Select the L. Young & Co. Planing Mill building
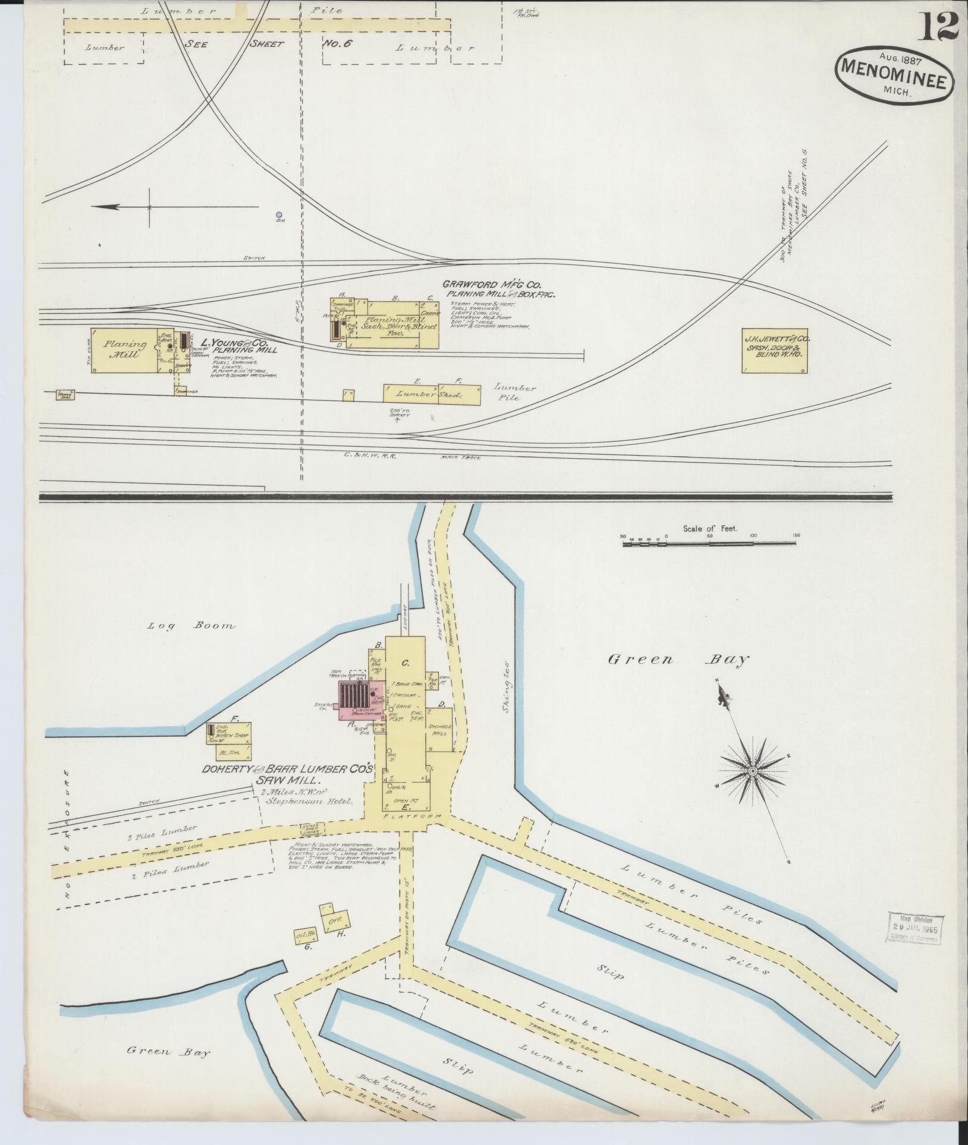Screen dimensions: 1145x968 point(125,350)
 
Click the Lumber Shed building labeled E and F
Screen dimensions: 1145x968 point(432,394)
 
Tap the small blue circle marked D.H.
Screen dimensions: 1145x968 point(279,215)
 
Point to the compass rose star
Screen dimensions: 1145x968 point(752,771)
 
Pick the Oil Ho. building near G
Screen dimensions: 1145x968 point(306,935)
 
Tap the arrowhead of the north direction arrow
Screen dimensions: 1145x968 point(99,207)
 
